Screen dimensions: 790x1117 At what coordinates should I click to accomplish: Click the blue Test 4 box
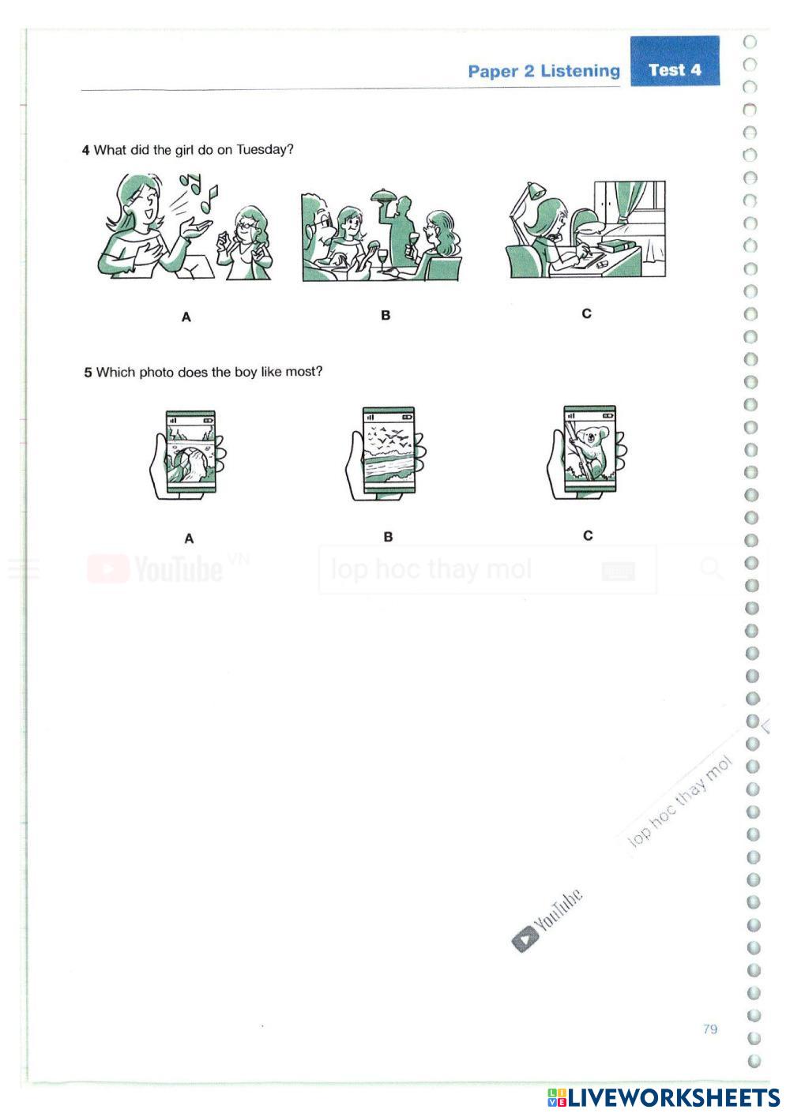pyautogui.click(x=674, y=61)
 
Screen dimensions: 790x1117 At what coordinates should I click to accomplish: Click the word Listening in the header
pyautogui.click(x=580, y=71)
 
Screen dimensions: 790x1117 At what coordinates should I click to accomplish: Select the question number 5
pyautogui.click(x=88, y=373)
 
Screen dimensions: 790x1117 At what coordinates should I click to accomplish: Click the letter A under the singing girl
pyautogui.click(x=186, y=317)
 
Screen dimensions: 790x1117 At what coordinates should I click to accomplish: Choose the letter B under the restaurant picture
pyautogui.click(x=386, y=315)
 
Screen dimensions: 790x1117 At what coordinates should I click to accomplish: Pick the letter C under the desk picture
pyautogui.click(x=586, y=313)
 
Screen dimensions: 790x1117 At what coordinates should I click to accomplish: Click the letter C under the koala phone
pyautogui.click(x=588, y=535)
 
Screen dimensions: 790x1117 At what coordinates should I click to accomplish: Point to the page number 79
pyautogui.click(x=709, y=1029)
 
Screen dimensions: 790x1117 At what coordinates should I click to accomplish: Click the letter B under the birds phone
pyautogui.click(x=388, y=537)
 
